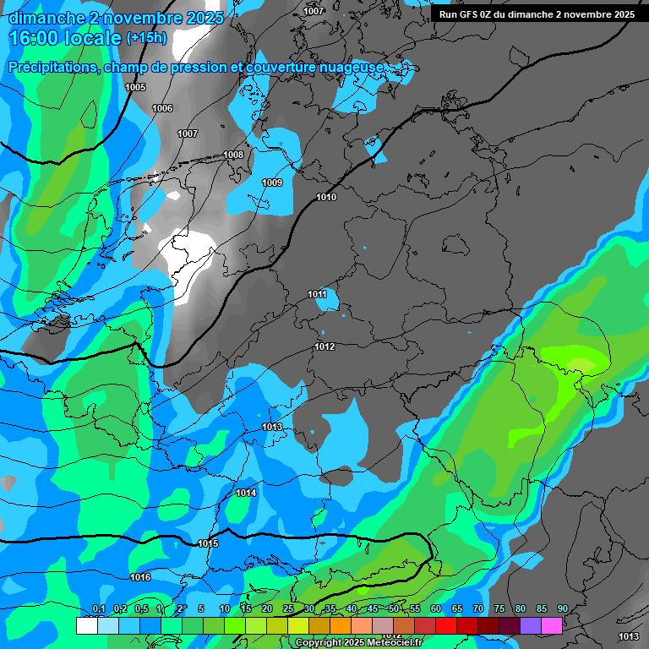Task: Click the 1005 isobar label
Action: click(x=135, y=87)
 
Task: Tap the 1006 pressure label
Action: click(x=162, y=108)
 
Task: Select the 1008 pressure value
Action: click(x=233, y=155)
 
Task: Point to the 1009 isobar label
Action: click(x=272, y=183)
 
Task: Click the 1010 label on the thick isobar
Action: click(x=326, y=197)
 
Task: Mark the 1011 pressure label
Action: click(x=317, y=294)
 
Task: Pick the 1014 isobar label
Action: click(x=246, y=493)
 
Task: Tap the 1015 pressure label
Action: click(x=208, y=543)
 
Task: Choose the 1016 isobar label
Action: click(x=140, y=577)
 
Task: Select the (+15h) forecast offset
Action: click(x=146, y=38)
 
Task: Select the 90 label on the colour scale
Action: click(x=563, y=609)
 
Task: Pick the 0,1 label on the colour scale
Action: click(x=99, y=609)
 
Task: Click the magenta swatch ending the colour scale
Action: click(x=552, y=625)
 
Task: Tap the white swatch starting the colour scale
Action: click(x=86, y=625)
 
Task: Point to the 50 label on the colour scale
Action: click(x=394, y=609)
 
